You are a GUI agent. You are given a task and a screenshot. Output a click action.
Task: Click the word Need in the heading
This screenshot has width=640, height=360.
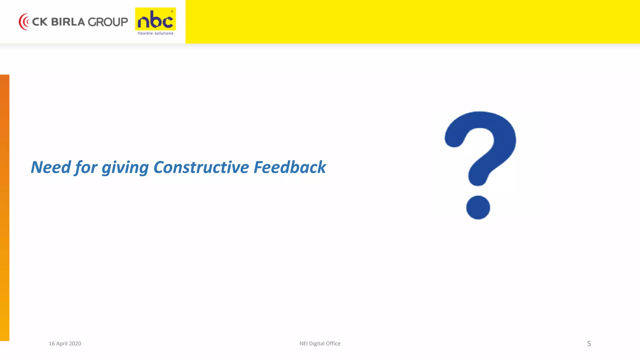51,167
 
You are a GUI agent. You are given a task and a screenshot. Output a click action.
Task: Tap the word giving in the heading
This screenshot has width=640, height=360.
125,168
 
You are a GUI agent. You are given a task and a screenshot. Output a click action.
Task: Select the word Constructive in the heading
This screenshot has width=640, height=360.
201,167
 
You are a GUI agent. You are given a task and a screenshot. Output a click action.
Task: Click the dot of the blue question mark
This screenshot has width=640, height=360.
478,207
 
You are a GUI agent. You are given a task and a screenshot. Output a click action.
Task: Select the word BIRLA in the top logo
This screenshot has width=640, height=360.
68,22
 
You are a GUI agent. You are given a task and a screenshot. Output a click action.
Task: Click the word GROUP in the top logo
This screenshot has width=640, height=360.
107,22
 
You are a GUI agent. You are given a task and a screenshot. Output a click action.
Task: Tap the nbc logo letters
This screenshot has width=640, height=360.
155,20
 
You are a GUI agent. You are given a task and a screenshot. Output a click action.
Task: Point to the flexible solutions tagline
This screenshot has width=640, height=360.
155,33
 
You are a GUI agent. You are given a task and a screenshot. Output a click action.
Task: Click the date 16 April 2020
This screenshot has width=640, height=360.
65,343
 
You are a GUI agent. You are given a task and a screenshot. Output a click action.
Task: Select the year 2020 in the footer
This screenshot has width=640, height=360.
75,343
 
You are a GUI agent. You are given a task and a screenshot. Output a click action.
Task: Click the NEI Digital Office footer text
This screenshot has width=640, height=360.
320,343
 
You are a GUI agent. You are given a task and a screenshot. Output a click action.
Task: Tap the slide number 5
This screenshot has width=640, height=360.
589,344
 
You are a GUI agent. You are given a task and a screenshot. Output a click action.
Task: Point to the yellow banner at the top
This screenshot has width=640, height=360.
412,22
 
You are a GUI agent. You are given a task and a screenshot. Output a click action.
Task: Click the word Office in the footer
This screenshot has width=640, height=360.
333,343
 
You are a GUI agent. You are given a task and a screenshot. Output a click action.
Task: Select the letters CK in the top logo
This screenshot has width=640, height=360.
40,22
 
